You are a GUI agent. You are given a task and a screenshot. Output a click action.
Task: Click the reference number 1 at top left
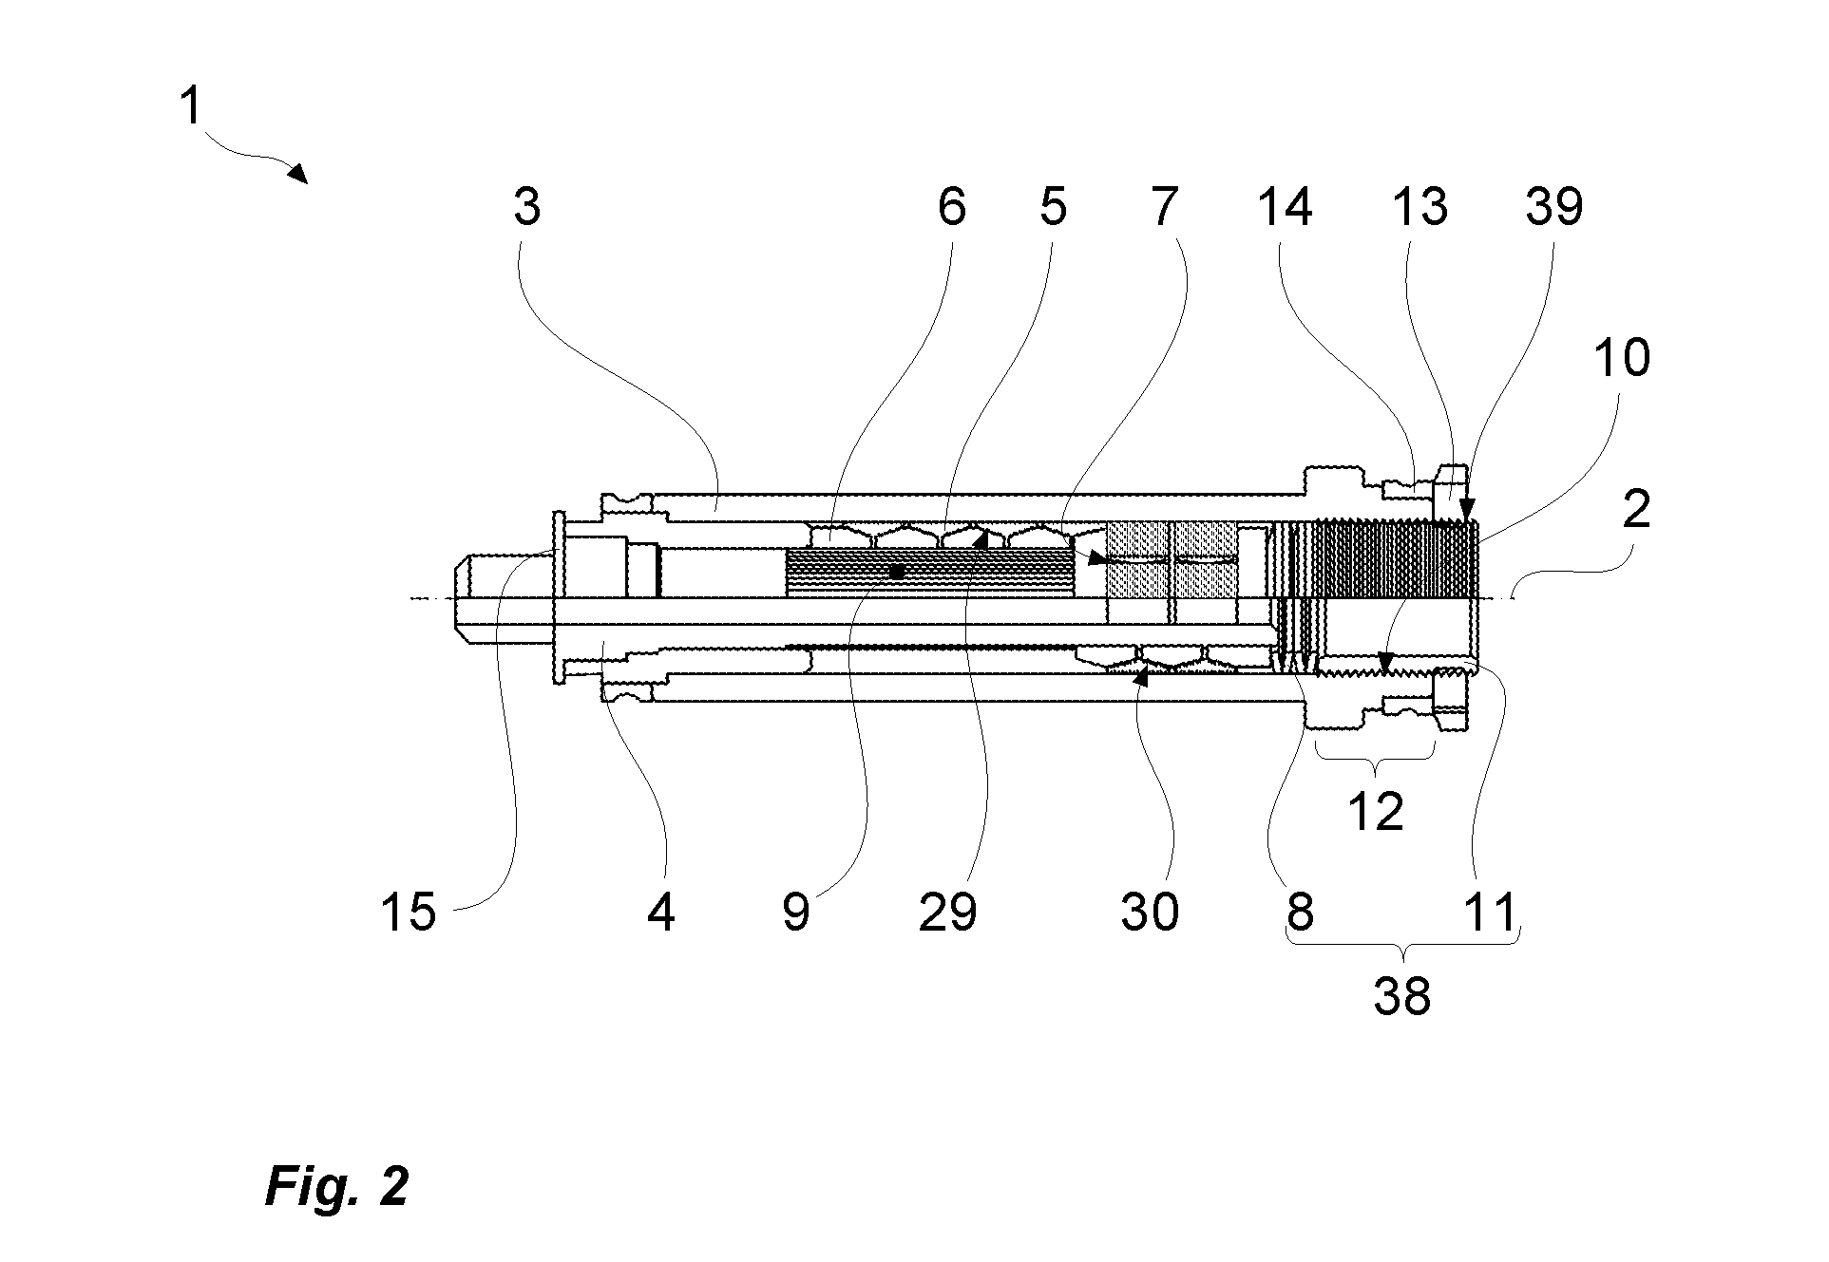(191, 105)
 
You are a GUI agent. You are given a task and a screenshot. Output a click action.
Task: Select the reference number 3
(526, 205)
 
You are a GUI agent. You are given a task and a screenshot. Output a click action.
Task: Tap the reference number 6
(951, 205)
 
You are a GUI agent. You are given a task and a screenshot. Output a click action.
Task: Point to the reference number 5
(1053, 205)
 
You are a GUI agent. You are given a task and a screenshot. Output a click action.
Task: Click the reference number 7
(1165, 205)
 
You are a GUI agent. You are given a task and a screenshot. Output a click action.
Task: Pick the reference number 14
(1285, 205)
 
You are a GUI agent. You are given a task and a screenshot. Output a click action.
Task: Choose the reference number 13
(1419, 205)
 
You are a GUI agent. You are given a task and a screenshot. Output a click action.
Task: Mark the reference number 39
(1554, 205)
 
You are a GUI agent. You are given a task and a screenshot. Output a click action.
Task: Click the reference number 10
(1621, 358)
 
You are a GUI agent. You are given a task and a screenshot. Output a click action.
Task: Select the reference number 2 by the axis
(1636, 511)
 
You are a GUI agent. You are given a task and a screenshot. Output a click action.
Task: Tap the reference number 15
(408, 912)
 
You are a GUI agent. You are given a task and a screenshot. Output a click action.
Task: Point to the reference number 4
(661, 912)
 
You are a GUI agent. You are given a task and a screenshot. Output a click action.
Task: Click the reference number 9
(796, 912)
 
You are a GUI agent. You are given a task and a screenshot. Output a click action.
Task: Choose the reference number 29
(947, 912)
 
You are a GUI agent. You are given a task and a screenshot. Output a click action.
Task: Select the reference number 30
(1150, 912)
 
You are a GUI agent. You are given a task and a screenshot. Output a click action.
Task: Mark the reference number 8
(1300, 912)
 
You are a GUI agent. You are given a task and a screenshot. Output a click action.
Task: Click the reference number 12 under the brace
(1376, 812)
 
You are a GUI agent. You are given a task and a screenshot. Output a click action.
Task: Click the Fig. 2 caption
(337, 1186)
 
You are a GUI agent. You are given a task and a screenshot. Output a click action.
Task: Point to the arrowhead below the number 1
(298, 173)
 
